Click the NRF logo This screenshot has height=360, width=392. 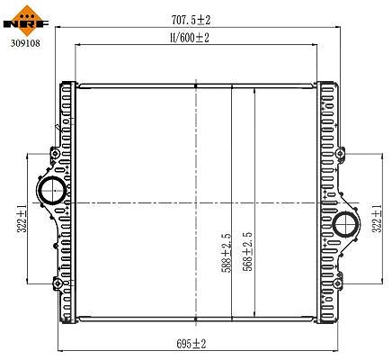25,21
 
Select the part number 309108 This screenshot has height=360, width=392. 25,43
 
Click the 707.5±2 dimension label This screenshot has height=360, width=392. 191,20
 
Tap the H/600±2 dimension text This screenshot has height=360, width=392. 189,38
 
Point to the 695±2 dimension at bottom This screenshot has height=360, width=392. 192,344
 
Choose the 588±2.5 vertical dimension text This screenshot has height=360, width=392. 227,253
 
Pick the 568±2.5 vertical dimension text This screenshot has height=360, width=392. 247,251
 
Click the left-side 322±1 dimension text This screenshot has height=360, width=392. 22,219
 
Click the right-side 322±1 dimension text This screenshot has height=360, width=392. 377,219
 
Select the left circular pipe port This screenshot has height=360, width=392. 52,190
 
